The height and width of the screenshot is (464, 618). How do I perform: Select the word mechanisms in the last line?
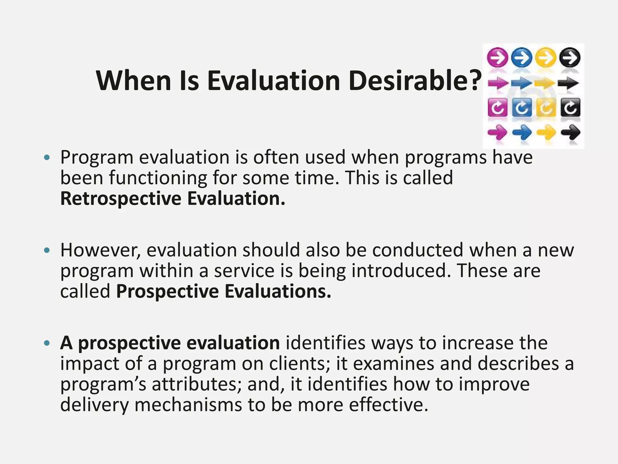point(188,405)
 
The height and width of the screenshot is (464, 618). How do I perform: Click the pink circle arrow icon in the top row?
point(497,57)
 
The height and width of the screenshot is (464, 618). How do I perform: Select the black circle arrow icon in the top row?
point(569,57)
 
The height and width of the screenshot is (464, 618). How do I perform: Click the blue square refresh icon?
point(522,108)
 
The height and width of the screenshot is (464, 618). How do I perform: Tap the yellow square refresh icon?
point(546,108)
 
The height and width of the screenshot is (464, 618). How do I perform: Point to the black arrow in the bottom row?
point(570,132)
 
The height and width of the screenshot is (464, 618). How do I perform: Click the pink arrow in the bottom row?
point(497,132)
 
